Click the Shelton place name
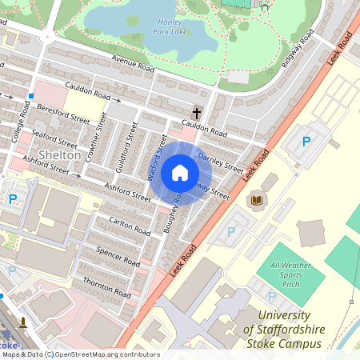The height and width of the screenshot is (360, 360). point(58,154)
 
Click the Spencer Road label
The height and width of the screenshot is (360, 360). point(118,256)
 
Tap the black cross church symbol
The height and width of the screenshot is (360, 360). point(196,112)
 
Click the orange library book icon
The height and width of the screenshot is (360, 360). point(256,200)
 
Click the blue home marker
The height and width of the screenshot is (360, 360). point(180,172)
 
